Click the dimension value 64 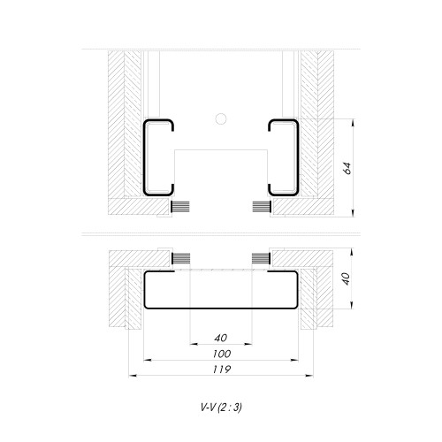(x=347, y=166)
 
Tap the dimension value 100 (x=220, y=353)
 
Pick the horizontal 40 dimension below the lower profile (x=220, y=338)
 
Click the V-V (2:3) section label (x=220, y=408)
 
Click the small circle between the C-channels (x=221, y=117)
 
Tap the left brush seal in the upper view (x=179, y=207)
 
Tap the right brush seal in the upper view (x=262, y=207)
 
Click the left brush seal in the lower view (x=179, y=257)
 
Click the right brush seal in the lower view (x=261, y=257)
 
